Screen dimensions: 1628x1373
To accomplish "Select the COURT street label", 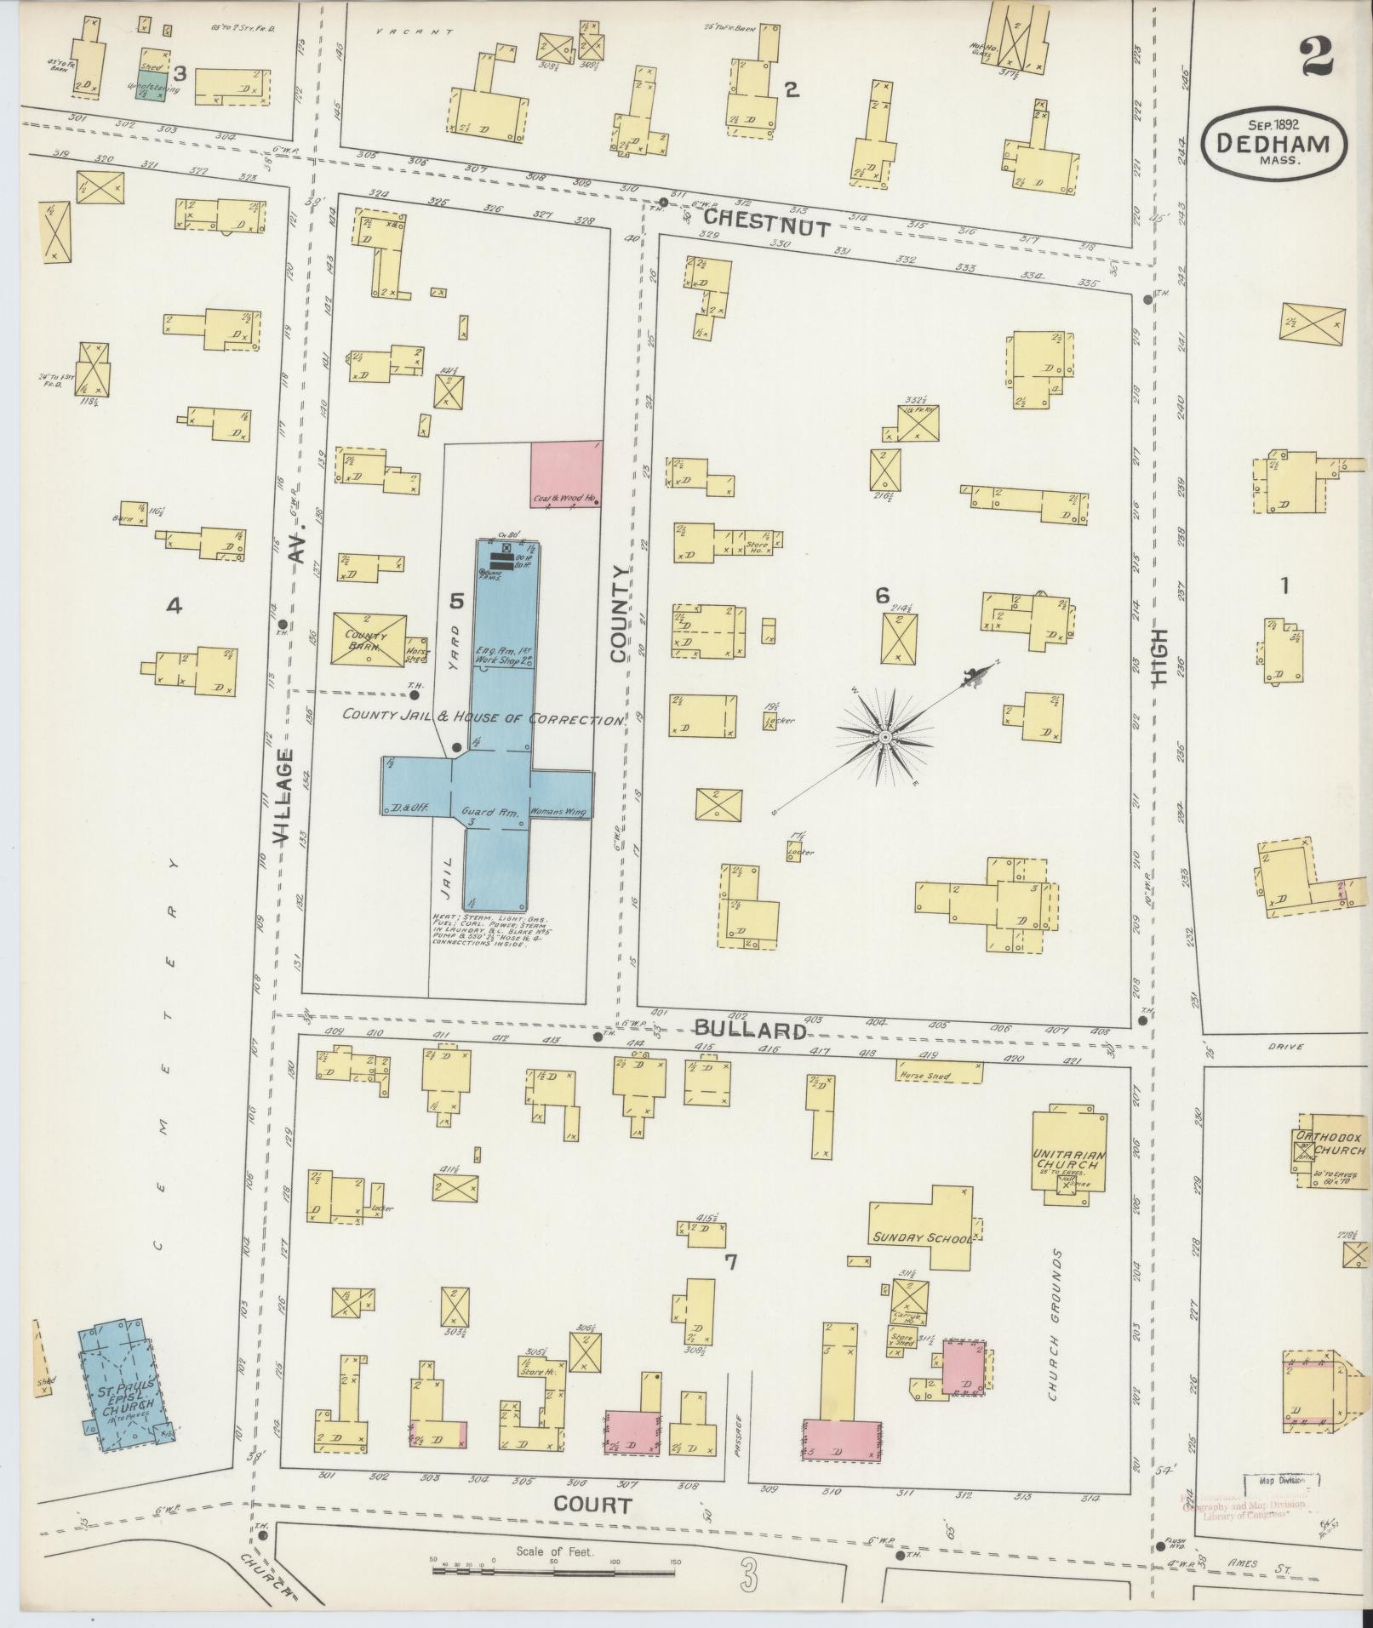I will pyautogui.click(x=592, y=1505).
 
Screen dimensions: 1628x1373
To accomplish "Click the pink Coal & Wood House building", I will pyautogui.click(x=567, y=474).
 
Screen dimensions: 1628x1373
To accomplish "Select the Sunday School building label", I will pyautogui.click(x=919, y=1238).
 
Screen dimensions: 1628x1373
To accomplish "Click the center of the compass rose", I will pyautogui.click(x=885, y=735).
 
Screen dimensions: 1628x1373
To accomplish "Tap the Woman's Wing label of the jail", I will pyautogui.click(x=558, y=812).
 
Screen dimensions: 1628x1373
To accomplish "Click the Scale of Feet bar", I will pyautogui.click(x=553, y=1567).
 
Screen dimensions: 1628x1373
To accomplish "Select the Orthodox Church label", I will pyautogui.click(x=1332, y=1143).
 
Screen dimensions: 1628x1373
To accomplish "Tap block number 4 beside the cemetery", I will pyautogui.click(x=174, y=606).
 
